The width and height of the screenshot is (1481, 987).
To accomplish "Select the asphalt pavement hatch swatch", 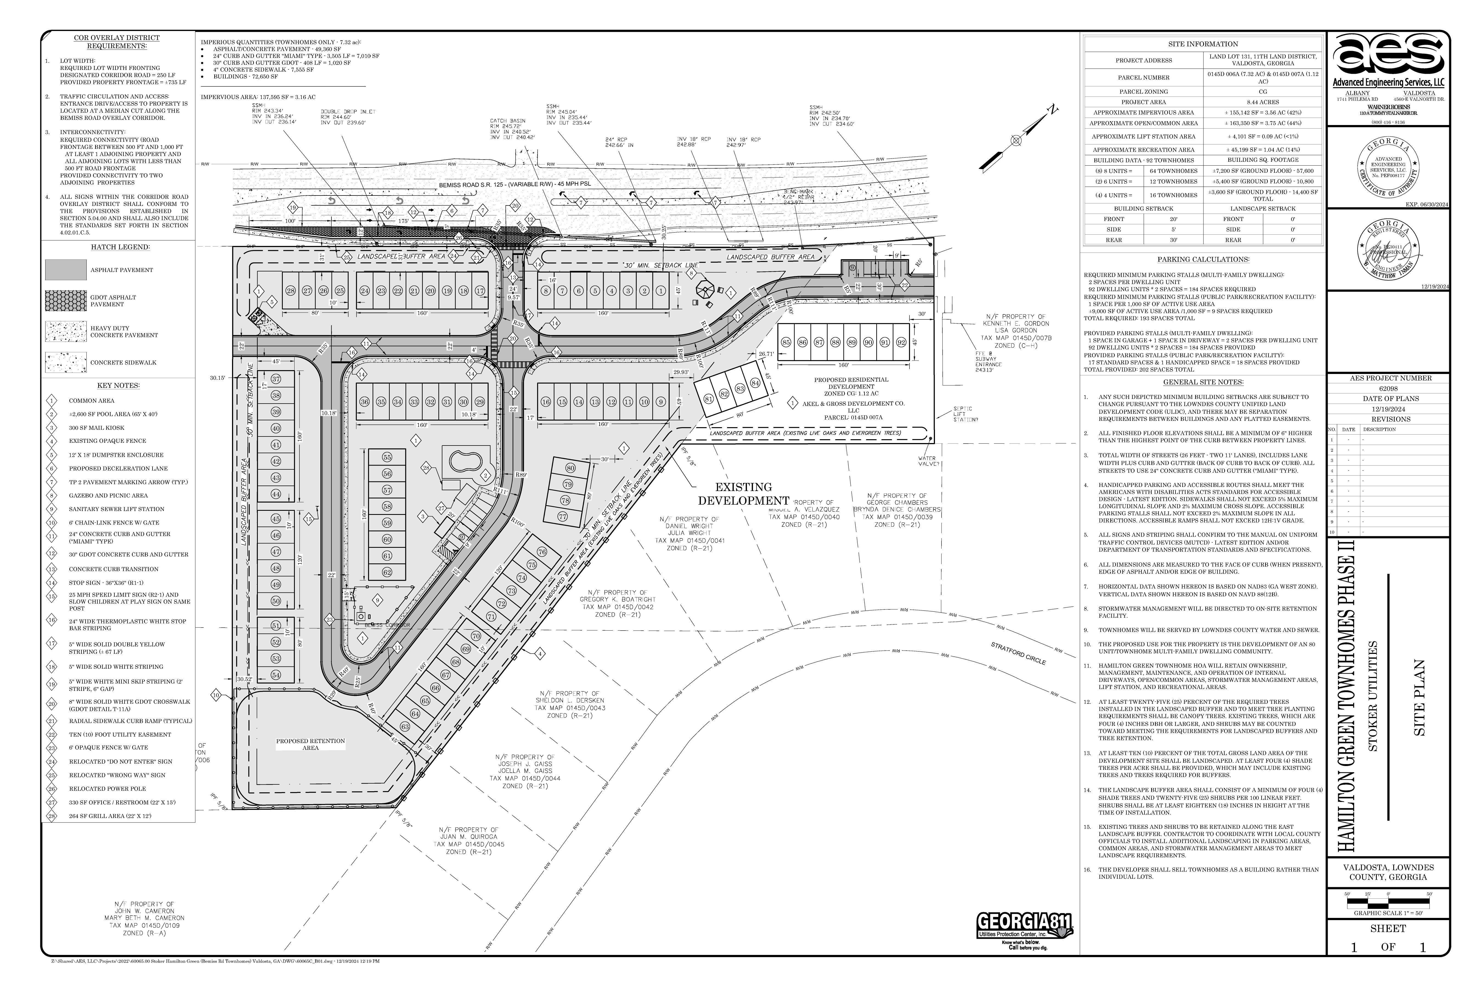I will (x=66, y=270).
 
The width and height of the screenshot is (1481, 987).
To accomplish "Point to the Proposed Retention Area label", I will (x=310, y=744).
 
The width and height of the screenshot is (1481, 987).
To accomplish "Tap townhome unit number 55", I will (x=387, y=458).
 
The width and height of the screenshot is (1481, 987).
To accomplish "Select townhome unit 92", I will (x=901, y=342).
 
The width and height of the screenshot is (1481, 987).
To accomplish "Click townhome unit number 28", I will (x=290, y=291).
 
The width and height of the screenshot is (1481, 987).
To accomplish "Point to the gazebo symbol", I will (x=705, y=290).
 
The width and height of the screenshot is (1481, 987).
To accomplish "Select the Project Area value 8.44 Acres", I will (x=1262, y=102).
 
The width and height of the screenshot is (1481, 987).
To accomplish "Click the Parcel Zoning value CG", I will (x=1262, y=91).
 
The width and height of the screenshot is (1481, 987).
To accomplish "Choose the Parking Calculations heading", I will (x=1203, y=259).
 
